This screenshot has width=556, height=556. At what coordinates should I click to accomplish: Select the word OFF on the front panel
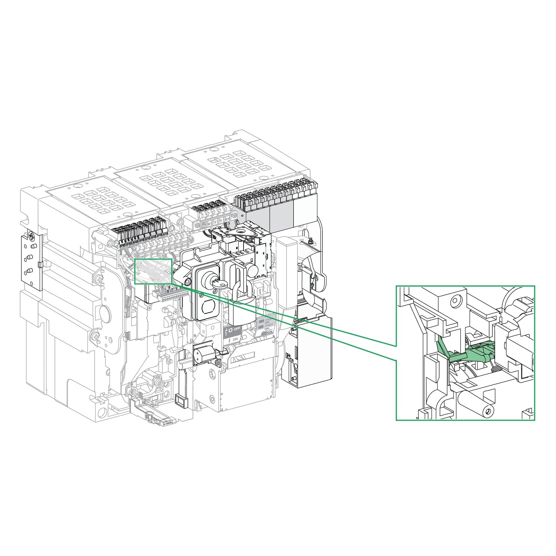coord(236,329)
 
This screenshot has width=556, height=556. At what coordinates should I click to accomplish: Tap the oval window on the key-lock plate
coord(208,307)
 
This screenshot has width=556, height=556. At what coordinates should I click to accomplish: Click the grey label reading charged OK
coord(265,322)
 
